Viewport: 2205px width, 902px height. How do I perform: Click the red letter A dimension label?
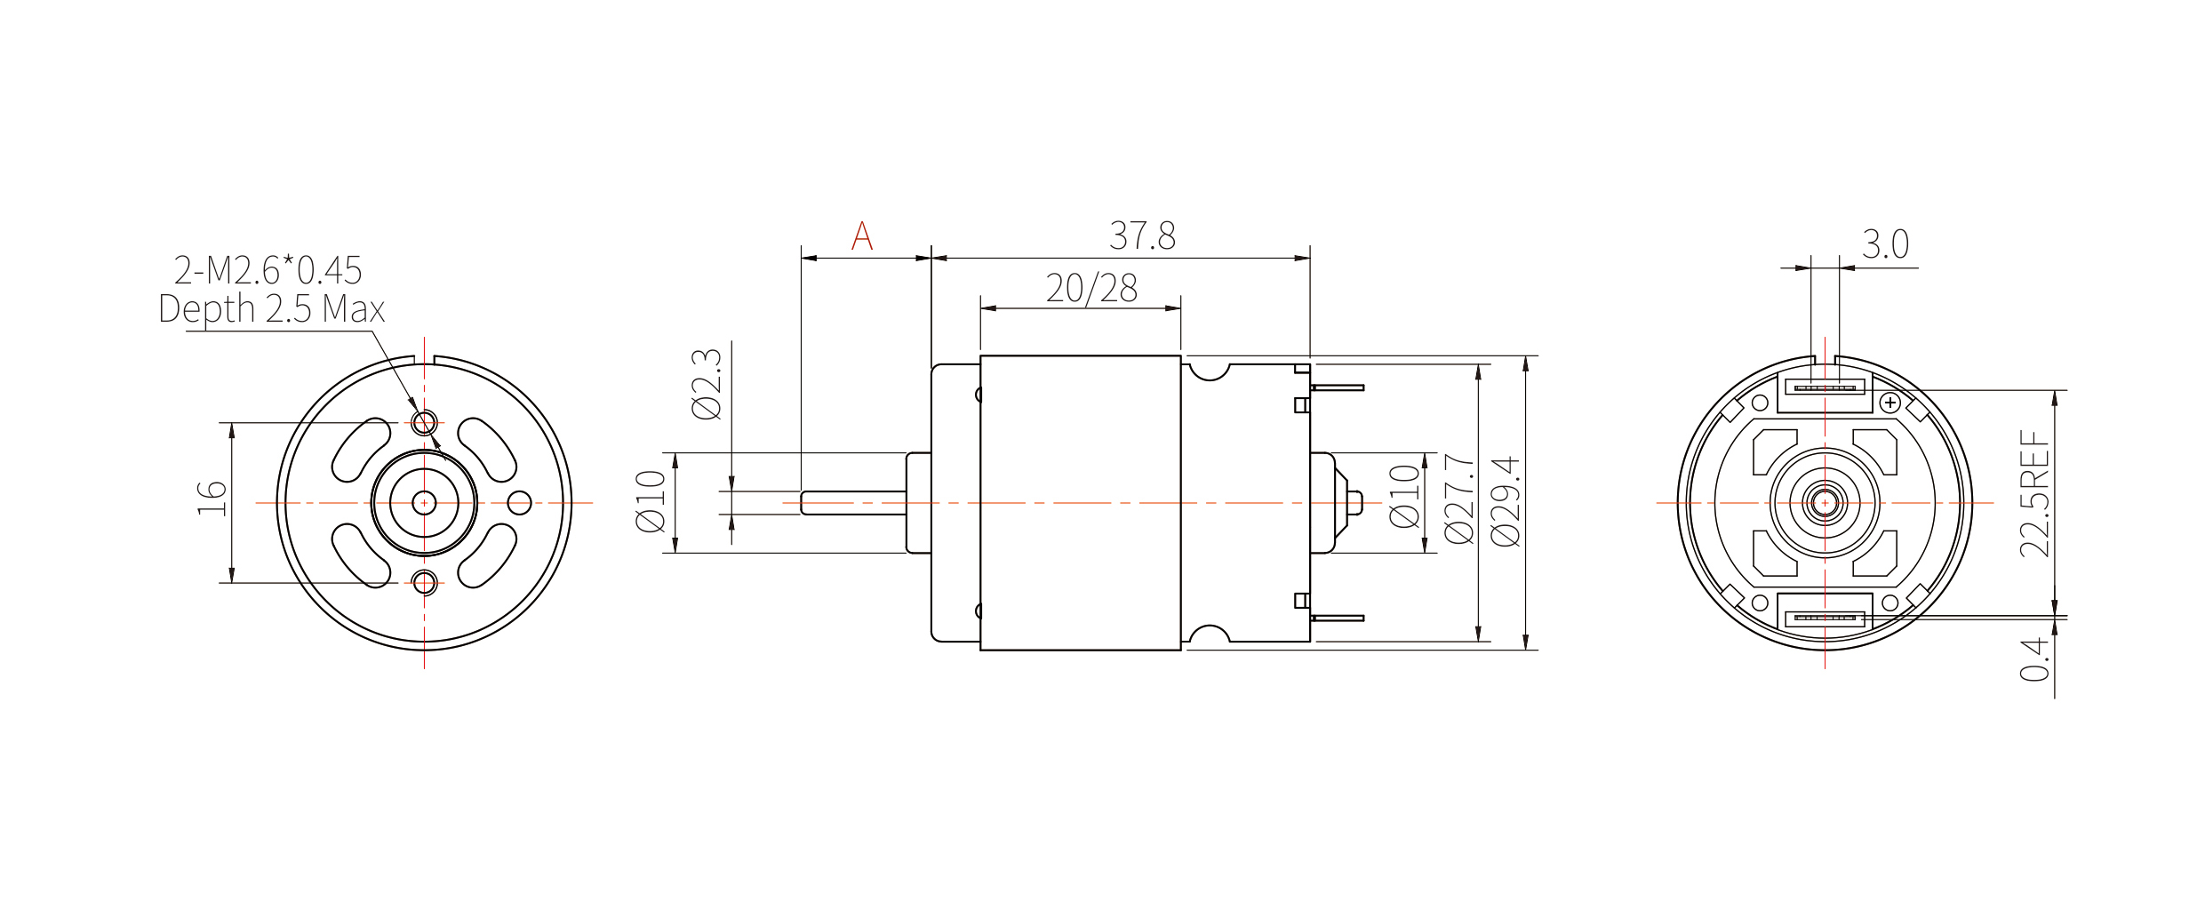(861, 235)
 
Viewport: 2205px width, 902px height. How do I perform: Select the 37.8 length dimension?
(1142, 235)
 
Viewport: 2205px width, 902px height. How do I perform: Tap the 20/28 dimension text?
(1091, 288)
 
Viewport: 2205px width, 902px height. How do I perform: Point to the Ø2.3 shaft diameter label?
(707, 384)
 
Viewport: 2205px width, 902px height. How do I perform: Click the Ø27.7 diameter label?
(1459, 499)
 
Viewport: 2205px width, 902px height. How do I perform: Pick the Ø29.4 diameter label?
(1506, 502)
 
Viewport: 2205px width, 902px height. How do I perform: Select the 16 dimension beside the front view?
(212, 499)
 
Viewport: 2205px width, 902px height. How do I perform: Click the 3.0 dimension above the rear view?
(1885, 244)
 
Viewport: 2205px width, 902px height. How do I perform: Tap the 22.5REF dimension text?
(2034, 494)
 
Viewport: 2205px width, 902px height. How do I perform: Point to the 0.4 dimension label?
(2034, 659)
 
